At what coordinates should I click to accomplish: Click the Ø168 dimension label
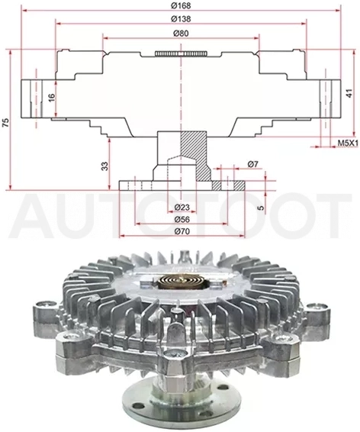181,5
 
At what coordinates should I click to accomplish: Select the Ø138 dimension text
181,19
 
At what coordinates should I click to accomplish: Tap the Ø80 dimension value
181,33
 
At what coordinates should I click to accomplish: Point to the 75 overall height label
5,122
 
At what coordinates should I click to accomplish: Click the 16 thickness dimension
52,97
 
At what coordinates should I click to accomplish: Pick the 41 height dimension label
349,94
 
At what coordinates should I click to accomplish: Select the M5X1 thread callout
348,143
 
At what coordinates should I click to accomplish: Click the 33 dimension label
105,166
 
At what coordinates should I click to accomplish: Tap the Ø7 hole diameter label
252,164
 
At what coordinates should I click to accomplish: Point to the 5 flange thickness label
261,206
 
